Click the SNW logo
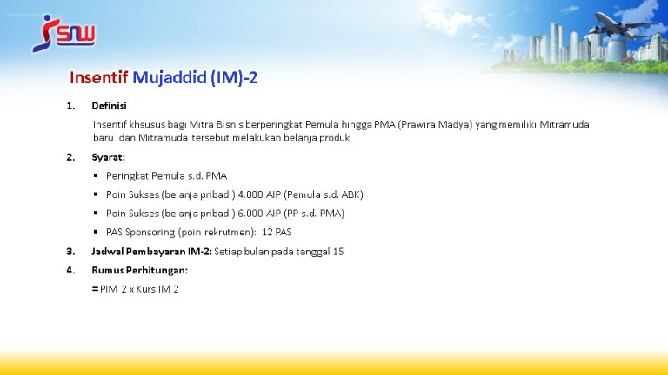63,34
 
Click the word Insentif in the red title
99,78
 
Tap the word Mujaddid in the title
170,78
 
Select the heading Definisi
109,105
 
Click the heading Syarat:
108,157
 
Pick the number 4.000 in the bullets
250,194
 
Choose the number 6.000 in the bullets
250,213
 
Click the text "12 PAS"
277,232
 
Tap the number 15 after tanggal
338,251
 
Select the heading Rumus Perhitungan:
140,271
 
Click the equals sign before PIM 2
95,289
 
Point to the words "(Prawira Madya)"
435,125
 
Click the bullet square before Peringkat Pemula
96,175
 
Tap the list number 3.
70,251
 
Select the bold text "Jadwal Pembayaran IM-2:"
151,251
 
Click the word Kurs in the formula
146,289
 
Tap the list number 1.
70,105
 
